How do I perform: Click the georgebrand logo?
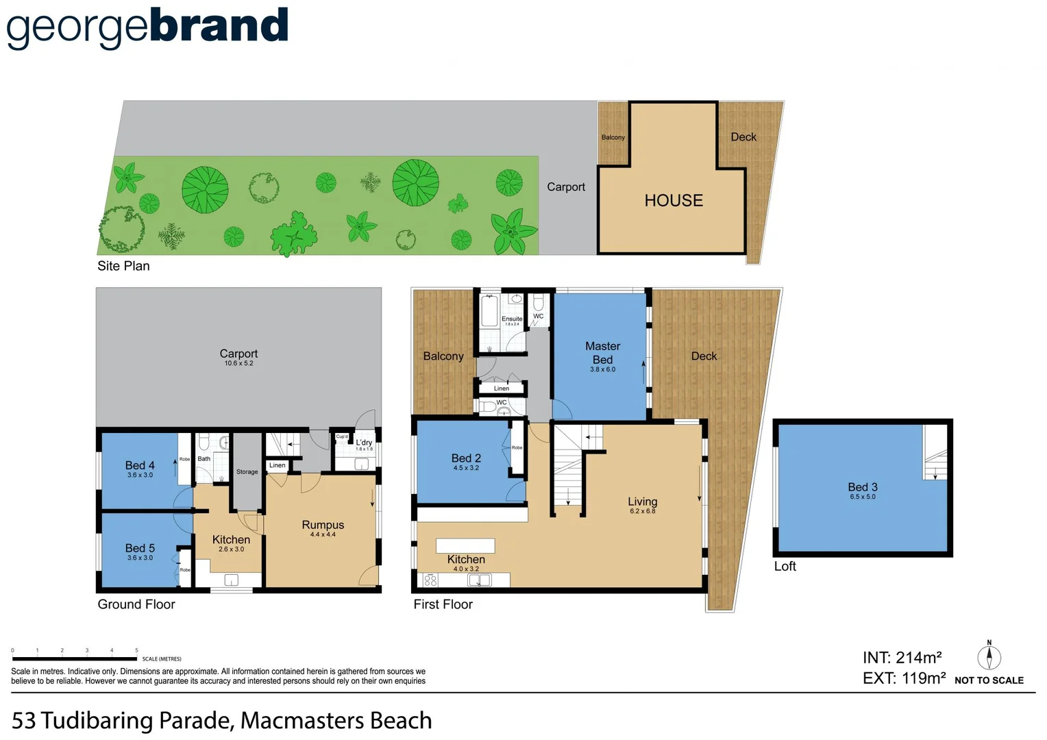147,27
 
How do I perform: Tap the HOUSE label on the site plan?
673,201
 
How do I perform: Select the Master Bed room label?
602,354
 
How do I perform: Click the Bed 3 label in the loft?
862,488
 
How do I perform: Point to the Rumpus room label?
323,526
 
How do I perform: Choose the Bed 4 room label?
140,466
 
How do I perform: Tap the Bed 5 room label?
140,549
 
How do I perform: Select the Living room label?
642,502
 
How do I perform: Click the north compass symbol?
989,656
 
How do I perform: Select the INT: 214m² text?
902,658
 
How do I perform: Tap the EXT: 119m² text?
904,678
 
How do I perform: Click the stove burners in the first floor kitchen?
430,580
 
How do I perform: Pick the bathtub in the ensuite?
489,311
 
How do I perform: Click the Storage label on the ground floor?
247,472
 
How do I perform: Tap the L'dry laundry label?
364,443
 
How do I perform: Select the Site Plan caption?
123,266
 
